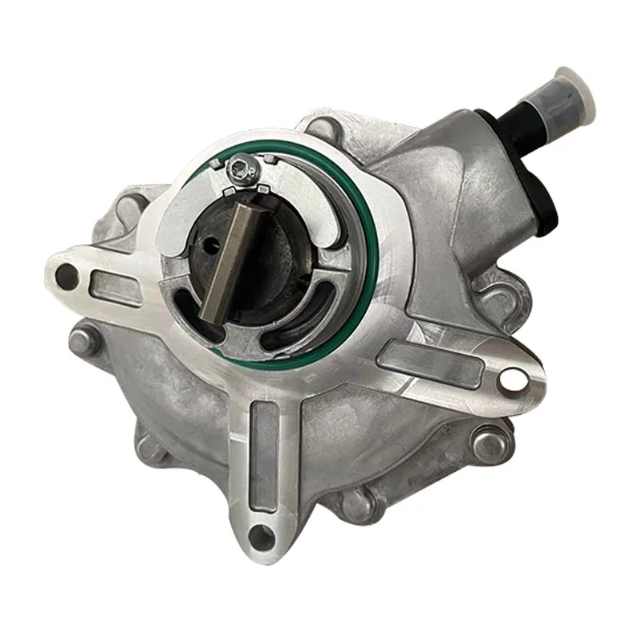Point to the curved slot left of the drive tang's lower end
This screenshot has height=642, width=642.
click(x=193, y=313)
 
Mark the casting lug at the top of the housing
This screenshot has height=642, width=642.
click(x=321, y=128)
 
